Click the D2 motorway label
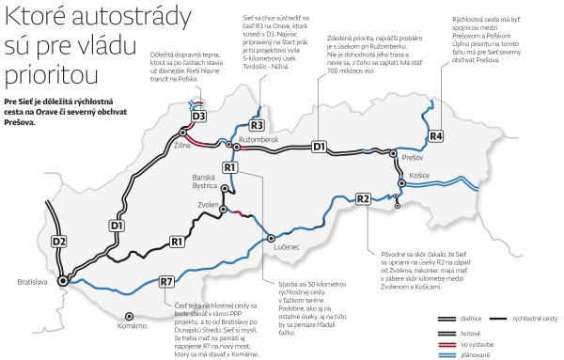point(59,243)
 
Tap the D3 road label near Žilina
point(197,116)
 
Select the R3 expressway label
point(257,125)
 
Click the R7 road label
point(166,281)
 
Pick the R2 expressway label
point(363,198)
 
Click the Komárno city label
point(132,325)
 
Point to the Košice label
point(419,176)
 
